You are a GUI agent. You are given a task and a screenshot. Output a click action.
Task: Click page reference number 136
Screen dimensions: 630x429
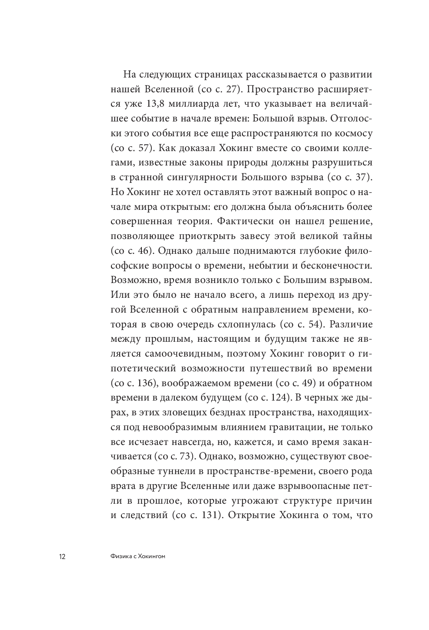tap(145, 384)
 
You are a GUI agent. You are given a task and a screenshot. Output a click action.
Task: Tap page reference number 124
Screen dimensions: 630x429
tap(278, 398)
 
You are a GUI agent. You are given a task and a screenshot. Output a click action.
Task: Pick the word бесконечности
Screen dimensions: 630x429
tap(335, 266)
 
